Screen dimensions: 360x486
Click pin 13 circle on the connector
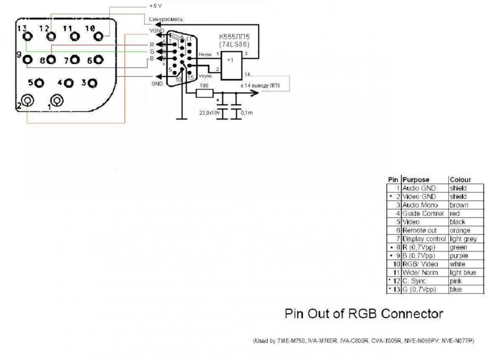click(x=28, y=37)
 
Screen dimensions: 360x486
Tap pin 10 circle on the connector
click(x=98, y=37)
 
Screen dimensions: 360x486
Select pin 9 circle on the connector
click(x=28, y=60)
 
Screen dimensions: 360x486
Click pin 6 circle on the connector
click(x=98, y=60)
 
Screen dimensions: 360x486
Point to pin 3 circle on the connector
click(x=93, y=83)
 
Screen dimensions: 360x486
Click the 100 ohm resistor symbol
click(x=205, y=94)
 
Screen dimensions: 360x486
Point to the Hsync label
click(x=205, y=54)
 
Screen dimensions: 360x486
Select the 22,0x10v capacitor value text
click(x=209, y=113)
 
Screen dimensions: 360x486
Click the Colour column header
click(x=460, y=180)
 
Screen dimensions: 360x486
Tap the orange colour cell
click(x=460, y=231)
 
